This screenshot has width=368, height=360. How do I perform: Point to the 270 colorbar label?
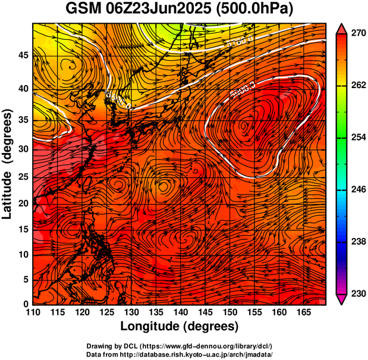356,34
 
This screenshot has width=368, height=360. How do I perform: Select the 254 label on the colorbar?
356,137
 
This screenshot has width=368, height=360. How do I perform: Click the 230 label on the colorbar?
356,293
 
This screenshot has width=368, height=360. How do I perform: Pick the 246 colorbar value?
356,190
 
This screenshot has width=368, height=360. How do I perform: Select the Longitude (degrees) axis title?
180,327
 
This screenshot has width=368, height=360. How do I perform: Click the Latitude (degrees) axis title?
8,164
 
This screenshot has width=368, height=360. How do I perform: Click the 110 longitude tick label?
33,312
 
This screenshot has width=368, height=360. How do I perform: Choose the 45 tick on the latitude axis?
23,55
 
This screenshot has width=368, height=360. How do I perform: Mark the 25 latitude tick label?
23,177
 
